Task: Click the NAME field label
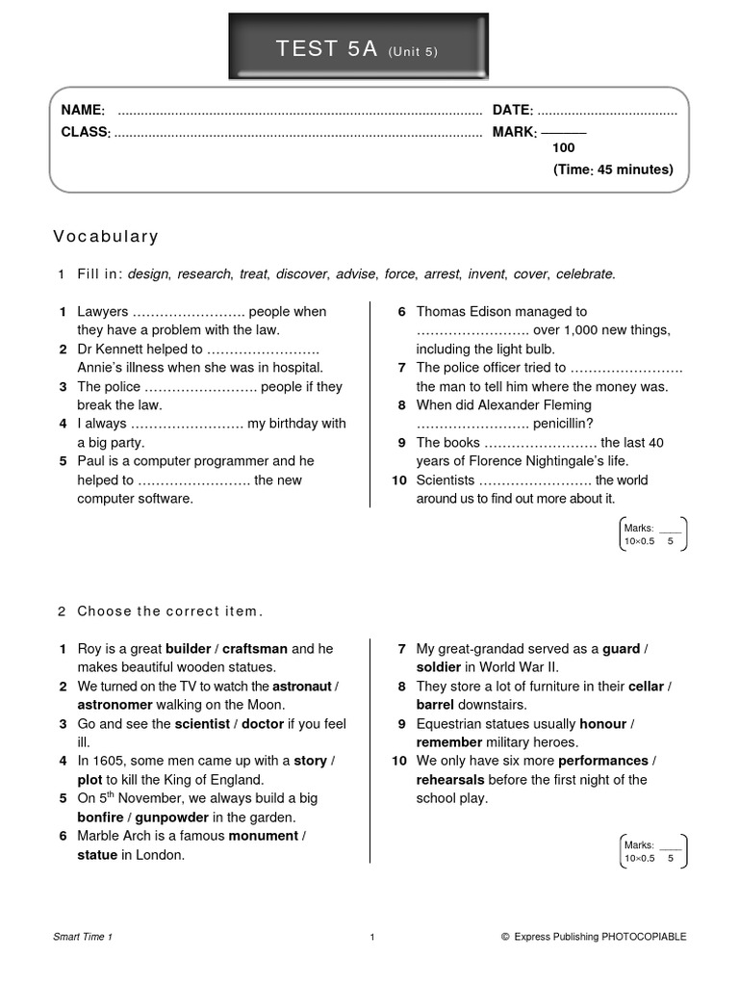(83, 111)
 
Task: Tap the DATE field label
(513, 111)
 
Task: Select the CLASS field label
(86, 132)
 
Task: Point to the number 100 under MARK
(563, 148)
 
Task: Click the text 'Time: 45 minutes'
(613, 169)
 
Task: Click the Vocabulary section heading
(106, 237)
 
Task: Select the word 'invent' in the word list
(487, 274)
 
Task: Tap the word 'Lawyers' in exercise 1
(102, 312)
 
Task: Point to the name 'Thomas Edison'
(462, 312)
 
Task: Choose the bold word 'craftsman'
(254, 649)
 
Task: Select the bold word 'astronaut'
(301, 687)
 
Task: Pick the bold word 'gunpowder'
(172, 817)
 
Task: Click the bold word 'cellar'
(646, 687)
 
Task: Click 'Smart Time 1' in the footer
(83, 936)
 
